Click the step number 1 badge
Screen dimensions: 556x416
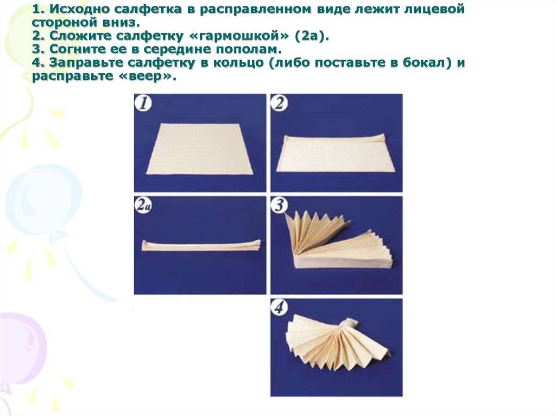[x=143, y=104]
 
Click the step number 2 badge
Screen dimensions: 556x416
[x=280, y=104]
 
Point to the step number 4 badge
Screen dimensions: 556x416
[x=280, y=307]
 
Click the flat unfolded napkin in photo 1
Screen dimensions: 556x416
[x=201, y=149]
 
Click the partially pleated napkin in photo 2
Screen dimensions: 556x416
[x=336, y=152]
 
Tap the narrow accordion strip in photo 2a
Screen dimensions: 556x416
[x=201, y=245]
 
